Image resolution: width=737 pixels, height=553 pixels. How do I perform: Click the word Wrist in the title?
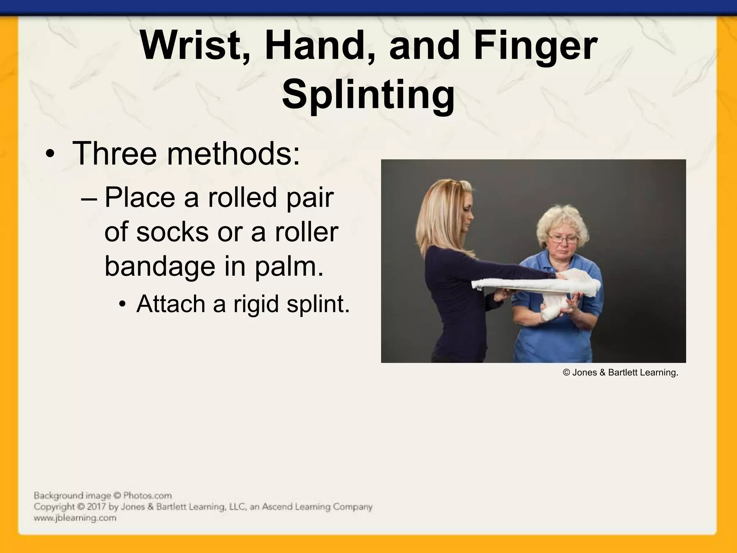pyautogui.click(x=190, y=46)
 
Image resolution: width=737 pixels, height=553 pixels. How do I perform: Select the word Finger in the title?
pyautogui.click(x=535, y=46)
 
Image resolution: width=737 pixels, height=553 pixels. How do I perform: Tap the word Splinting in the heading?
pyautogui.click(x=368, y=94)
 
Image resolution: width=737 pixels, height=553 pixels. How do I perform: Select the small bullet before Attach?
pyautogui.click(x=122, y=305)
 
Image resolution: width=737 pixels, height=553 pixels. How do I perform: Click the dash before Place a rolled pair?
pyautogui.click(x=90, y=199)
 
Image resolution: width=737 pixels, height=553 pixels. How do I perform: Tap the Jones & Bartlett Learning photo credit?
pyautogui.click(x=620, y=373)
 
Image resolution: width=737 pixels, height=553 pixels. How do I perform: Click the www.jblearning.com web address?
pyautogui.click(x=75, y=518)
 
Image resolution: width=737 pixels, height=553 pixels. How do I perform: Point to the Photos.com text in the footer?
pyautogui.click(x=147, y=495)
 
